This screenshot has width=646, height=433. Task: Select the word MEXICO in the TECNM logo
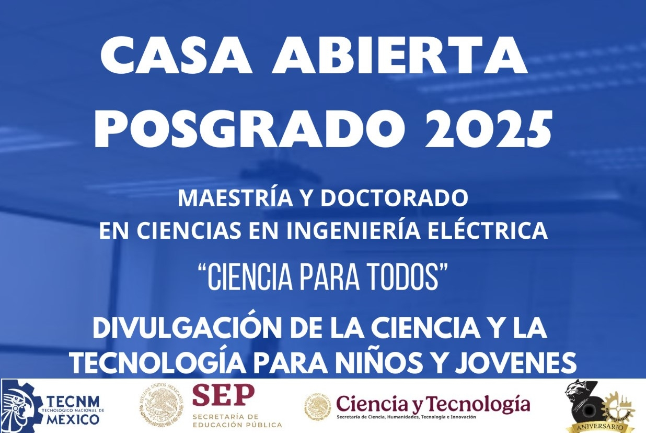coord(73,419)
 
